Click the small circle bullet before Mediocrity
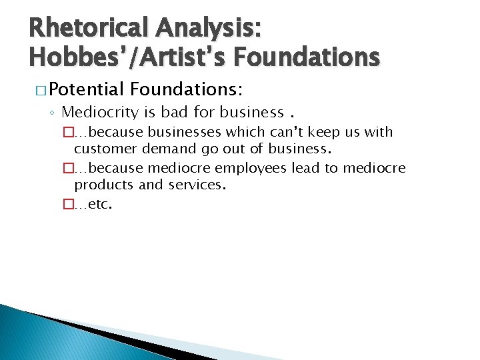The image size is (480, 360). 53,112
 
